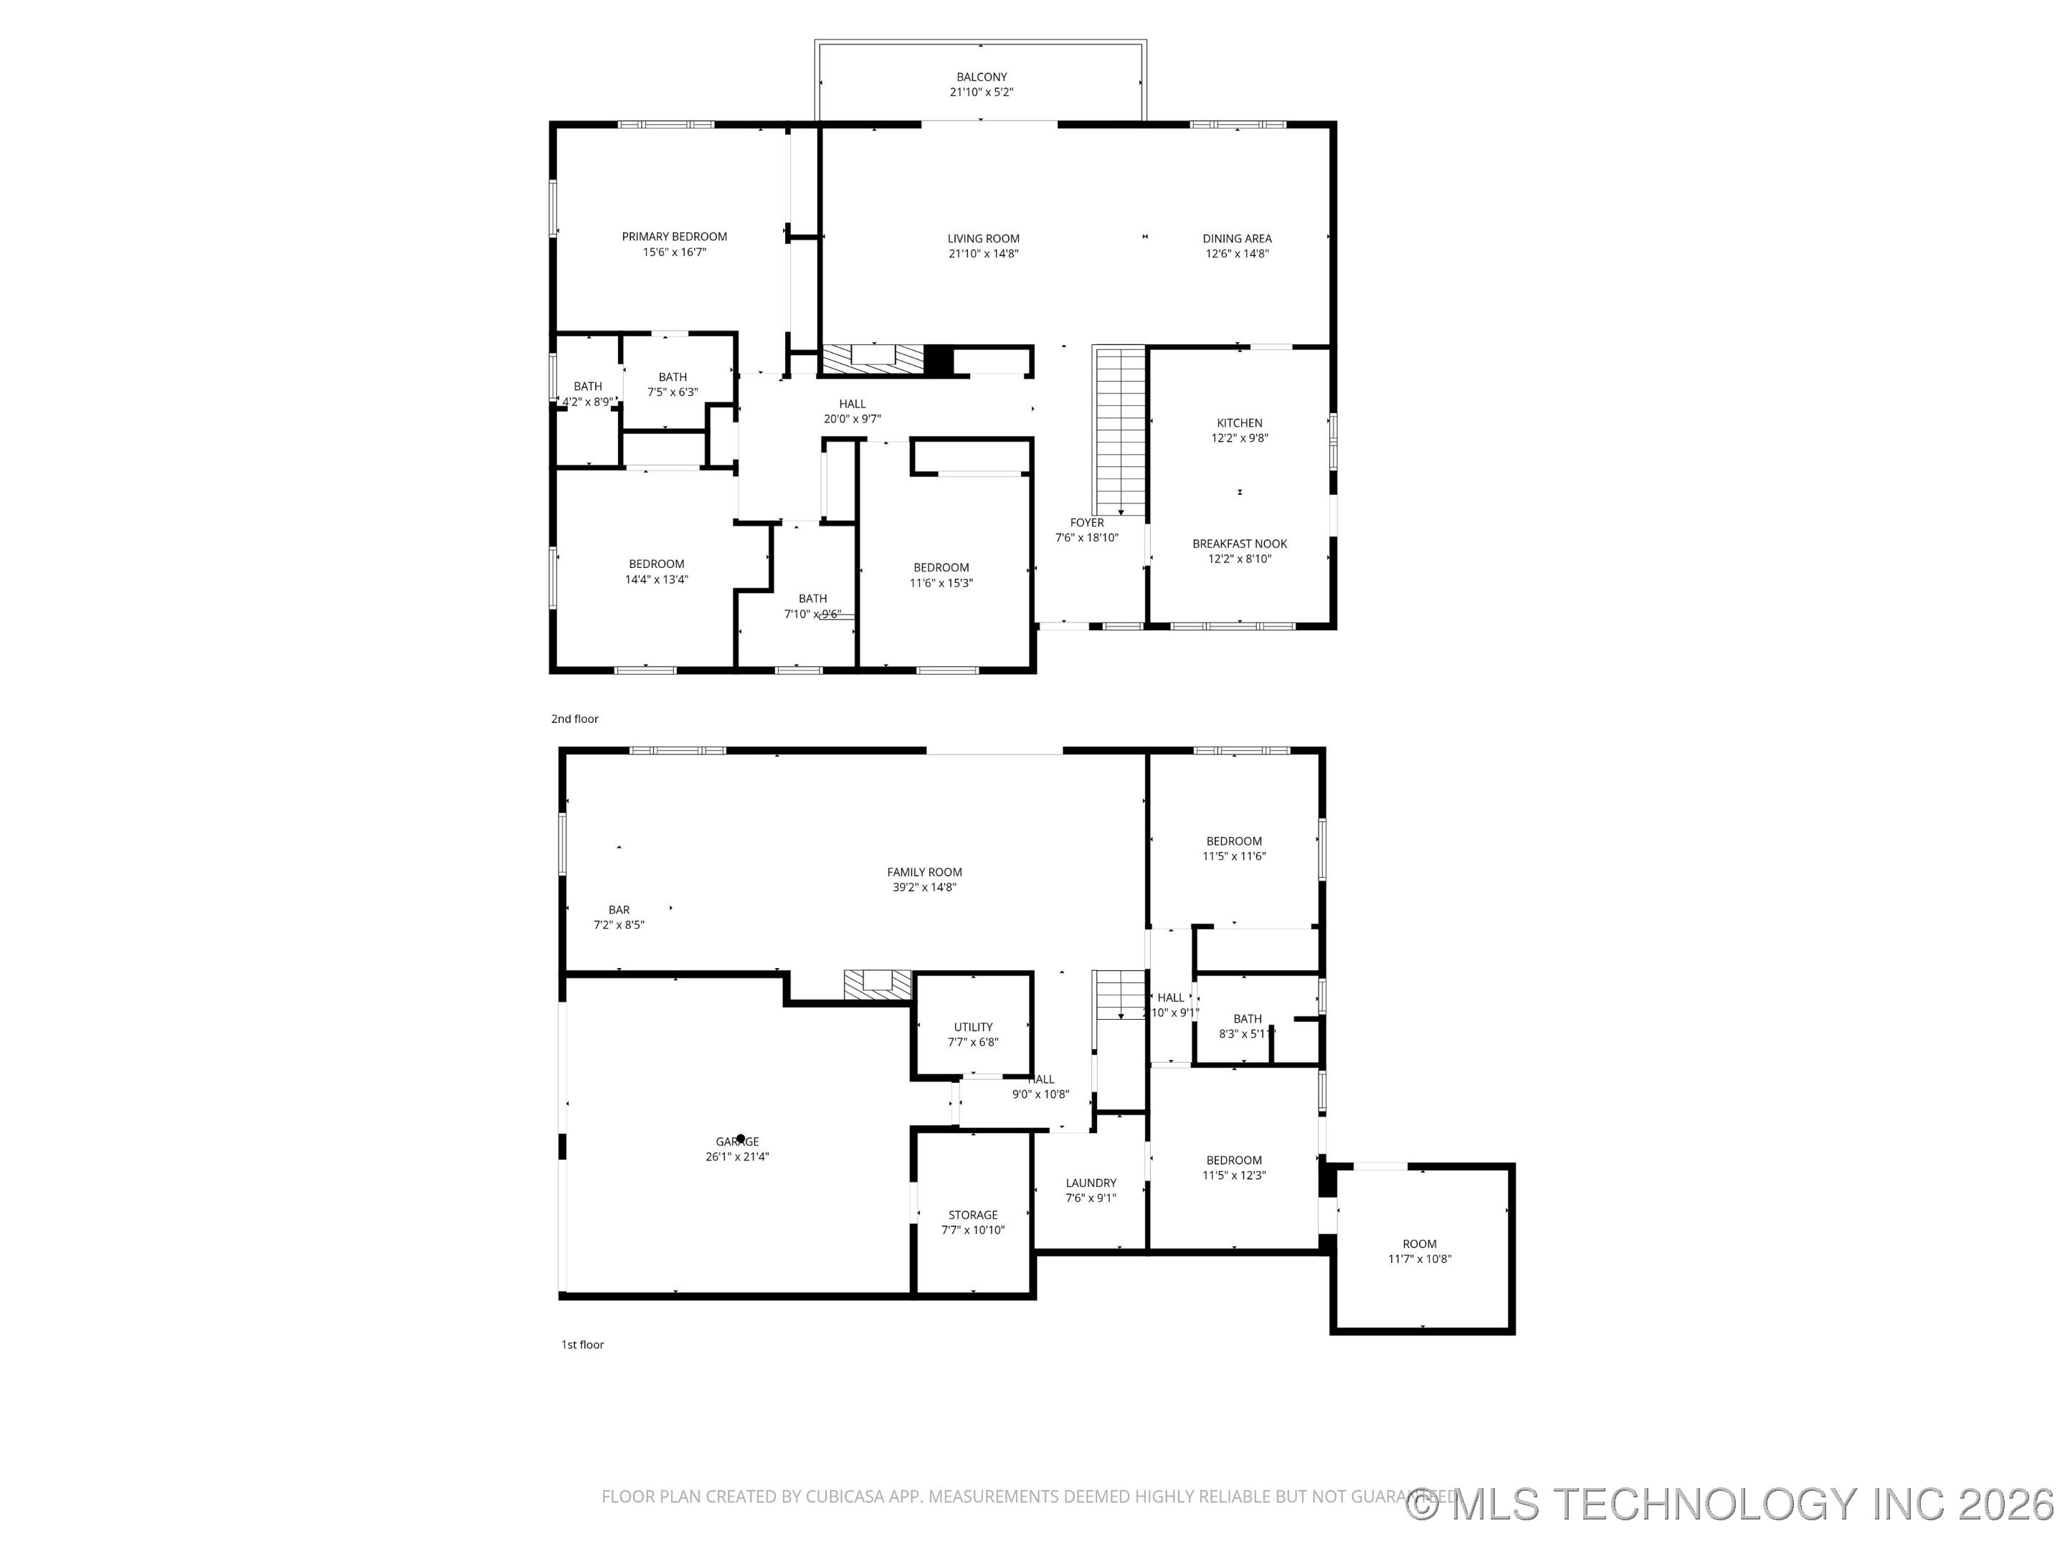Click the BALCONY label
click(981, 77)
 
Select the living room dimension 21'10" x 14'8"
click(983, 254)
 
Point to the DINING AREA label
click(1237, 239)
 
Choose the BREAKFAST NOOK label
click(1239, 544)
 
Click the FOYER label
click(1087, 523)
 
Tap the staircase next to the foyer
click(1119, 430)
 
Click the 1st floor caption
click(582, 1345)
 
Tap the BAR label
click(619, 909)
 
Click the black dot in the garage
click(740, 1139)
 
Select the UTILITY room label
click(973, 1027)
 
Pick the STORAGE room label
click(973, 1215)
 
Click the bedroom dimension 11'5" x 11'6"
click(1234, 856)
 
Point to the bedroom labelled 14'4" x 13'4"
click(656, 572)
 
